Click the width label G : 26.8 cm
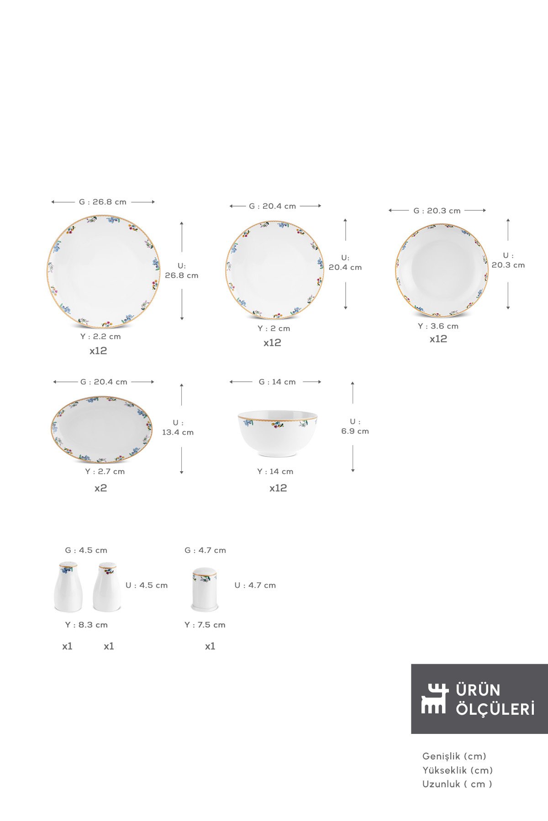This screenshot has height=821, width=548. (x=103, y=202)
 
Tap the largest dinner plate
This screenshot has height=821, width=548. (x=103, y=272)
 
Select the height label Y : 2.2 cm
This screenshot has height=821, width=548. (x=100, y=337)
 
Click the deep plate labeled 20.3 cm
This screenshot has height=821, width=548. (x=442, y=270)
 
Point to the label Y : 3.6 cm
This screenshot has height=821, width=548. (x=438, y=326)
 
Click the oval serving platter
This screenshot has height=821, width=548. (x=102, y=430)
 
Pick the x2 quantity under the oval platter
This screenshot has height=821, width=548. (x=100, y=488)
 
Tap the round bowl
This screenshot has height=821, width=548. (x=277, y=433)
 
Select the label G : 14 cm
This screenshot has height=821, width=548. (x=277, y=382)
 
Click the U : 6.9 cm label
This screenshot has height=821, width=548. (x=355, y=426)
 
